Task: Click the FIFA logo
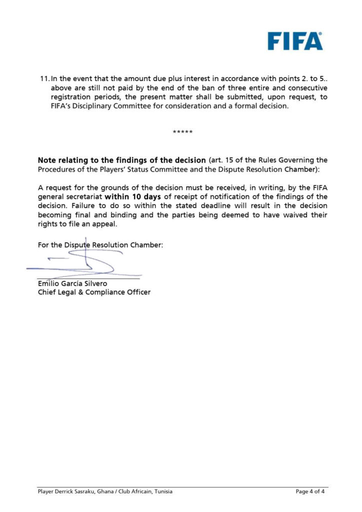(x=294, y=41)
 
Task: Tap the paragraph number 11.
(x=43, y=79)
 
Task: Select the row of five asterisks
(x=182, y=132)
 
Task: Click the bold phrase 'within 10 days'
(x=132, y=197)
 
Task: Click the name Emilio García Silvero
(x=72, y=283)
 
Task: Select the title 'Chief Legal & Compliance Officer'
(x=94, y=292)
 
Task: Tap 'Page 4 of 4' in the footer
(x=310, y=491)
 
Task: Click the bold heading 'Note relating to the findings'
(x=121, y=160)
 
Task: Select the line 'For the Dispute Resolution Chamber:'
(x=100, y=245)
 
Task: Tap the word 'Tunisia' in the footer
(x=162, y=491)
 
